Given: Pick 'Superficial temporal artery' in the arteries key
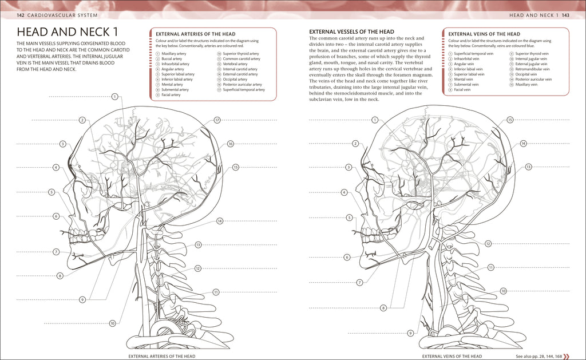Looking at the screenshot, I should [x=244, y=89].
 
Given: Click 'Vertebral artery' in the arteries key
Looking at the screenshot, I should [x=235, y=64].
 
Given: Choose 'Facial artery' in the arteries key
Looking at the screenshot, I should [x=171, y=94].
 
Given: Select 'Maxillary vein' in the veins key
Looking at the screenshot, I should [x=526, y=84].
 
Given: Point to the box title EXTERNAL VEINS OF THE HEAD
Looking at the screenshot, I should [x=484, y=34].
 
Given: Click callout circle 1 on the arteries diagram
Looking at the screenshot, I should [x=114, y=97].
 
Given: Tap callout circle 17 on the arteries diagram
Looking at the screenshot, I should [x=217, y=120].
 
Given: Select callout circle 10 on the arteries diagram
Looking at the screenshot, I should [x=113, y=323].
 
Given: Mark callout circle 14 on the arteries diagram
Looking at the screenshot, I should [x=220, y=220].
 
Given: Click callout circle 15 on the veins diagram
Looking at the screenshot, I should [x=510, y=120].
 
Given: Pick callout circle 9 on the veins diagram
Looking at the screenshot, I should [x=410, y=333].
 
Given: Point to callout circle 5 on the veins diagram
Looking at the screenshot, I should [x=349, y=217].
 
